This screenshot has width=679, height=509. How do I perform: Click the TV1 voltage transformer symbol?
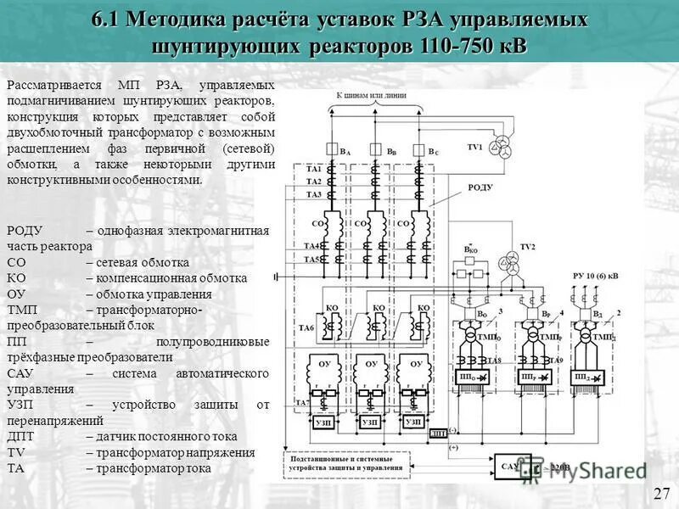tap(507, 143)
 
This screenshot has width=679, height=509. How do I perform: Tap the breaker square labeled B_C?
tap(418, 151)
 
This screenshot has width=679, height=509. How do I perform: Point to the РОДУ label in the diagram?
tap(480, 187)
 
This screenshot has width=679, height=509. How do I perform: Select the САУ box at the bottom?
tap(509, 466)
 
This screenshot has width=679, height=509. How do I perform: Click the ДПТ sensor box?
tap(438, 433)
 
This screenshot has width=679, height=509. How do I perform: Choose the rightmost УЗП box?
tap(413, 422)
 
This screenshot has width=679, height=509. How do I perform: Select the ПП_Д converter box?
tap(586, 377)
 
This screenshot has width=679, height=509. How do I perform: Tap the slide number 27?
tap(660, 494)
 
